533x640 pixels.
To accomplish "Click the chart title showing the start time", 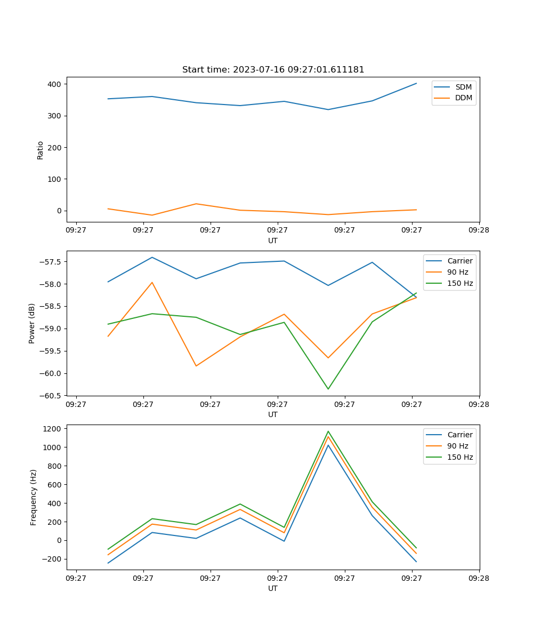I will pyautogui.click(x=273, y=70).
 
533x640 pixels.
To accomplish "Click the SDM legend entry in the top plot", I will pyautogui.click(x=463, y=87).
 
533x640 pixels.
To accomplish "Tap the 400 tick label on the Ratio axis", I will pyautogui.click(x=55, y=84).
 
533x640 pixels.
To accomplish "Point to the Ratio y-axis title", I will pyautogui.click(x=41, y=150).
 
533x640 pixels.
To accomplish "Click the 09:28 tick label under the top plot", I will pyautogui.click(x=479, y=230).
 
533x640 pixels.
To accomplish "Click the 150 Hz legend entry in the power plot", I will pyautogui.click(x=460, y=283).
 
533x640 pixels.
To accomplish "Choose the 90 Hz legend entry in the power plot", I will pyautogui.click(x=457, y=272).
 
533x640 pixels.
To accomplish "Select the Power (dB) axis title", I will pyautogui.click(x=32, y=323).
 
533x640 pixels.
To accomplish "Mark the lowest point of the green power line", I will pyautogui.click(x=328, y=389).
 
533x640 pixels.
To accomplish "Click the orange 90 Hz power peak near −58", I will pyautogui.click(x=152, y=283).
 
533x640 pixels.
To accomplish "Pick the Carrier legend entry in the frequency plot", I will pyautogui.click(x=459, y=435).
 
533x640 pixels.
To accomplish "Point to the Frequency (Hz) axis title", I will pyautogui.click(x=34, y=497).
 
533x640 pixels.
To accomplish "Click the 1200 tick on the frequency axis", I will pyautogui.click(x=53, y=428).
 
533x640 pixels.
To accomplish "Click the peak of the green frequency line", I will pyautogui.click(x=328, y=431).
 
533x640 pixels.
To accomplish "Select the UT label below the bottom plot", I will pyautogui.click(x=273, y=588).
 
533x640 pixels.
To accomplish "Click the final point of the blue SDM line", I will pyautogui.click(x=416, y=83).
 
